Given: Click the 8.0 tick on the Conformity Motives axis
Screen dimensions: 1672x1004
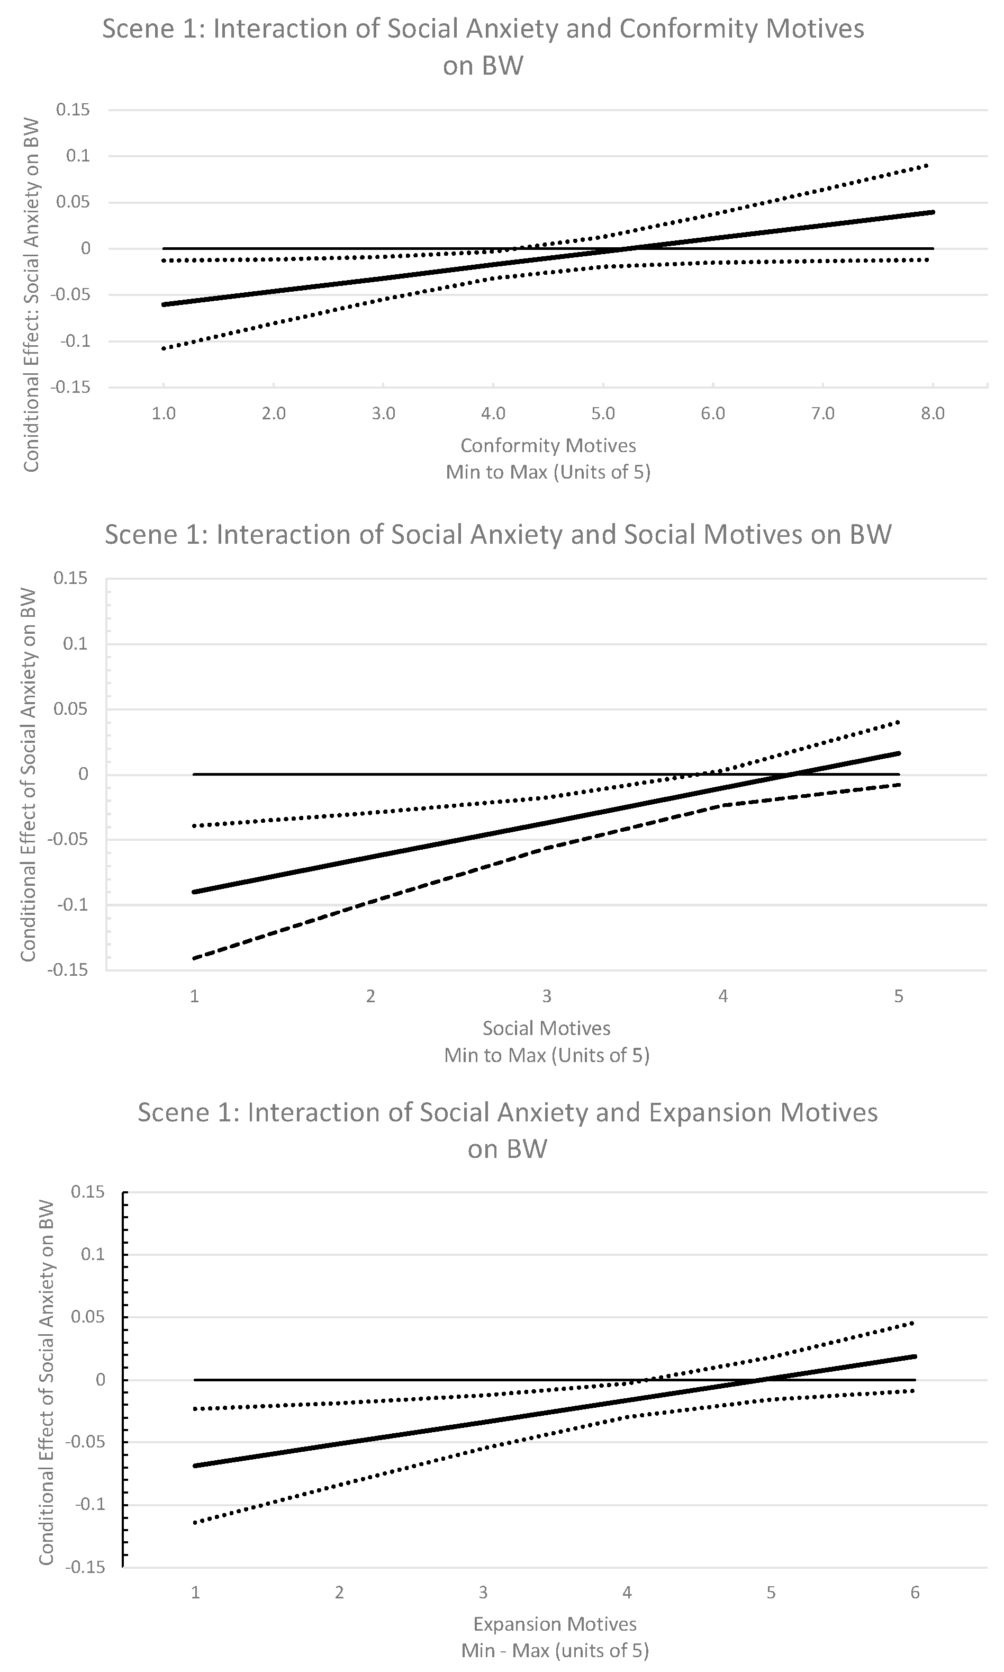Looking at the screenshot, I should pyautogui.click(x=933, y=413).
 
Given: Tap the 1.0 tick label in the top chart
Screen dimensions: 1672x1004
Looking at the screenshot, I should pyautogui.click(x=164, y=413).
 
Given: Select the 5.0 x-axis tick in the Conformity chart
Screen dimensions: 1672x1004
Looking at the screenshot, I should pyautogui.click(x=603, y=413).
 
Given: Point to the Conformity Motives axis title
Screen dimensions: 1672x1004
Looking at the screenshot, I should pyautogui.click(x=548, y=445).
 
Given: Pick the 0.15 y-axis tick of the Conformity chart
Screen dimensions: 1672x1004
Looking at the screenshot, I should pyautogui.click(x=73, y=110).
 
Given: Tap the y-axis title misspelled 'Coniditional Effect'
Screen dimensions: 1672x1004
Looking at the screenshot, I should pyautogui.click(x=31, y=294).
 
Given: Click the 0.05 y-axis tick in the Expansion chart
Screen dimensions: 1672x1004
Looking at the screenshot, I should pyautogui.click(x=88, y=1317).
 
